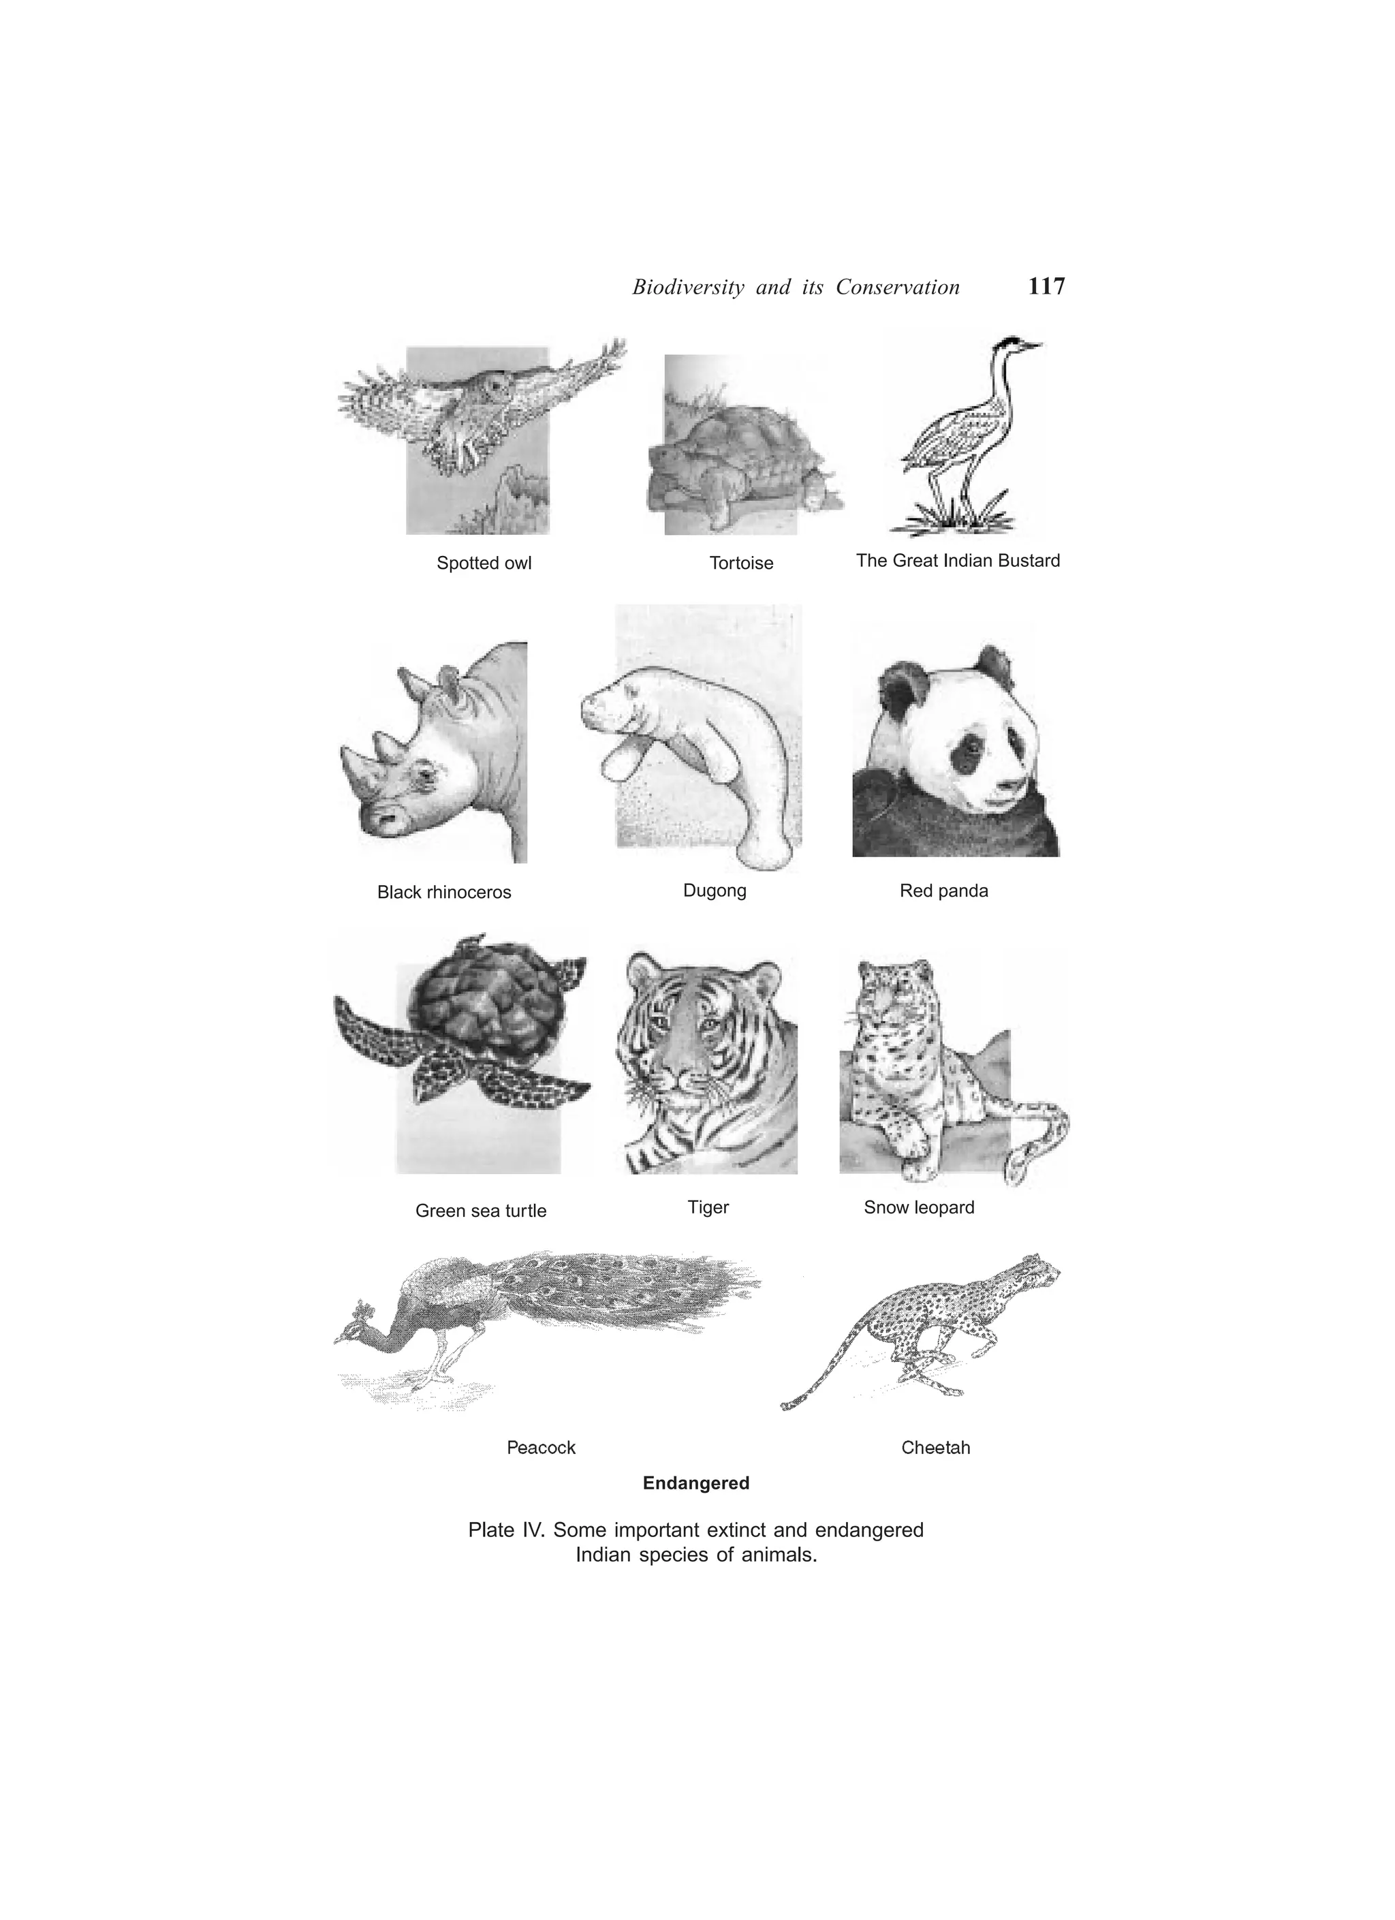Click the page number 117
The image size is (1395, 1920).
pyautogui.click(x=1046, y=287)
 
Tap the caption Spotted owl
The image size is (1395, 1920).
pyautogui.click(x=484, y=563)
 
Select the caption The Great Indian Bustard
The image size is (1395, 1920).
pyautogui.click(x=958, y=561)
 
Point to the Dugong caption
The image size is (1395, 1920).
pyautogui.click(x=715, y=891)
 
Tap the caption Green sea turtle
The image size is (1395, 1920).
pyautogui.click(x=480, y=1211)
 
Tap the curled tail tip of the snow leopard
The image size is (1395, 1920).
pyautogui.click(x=1016, y=1172)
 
